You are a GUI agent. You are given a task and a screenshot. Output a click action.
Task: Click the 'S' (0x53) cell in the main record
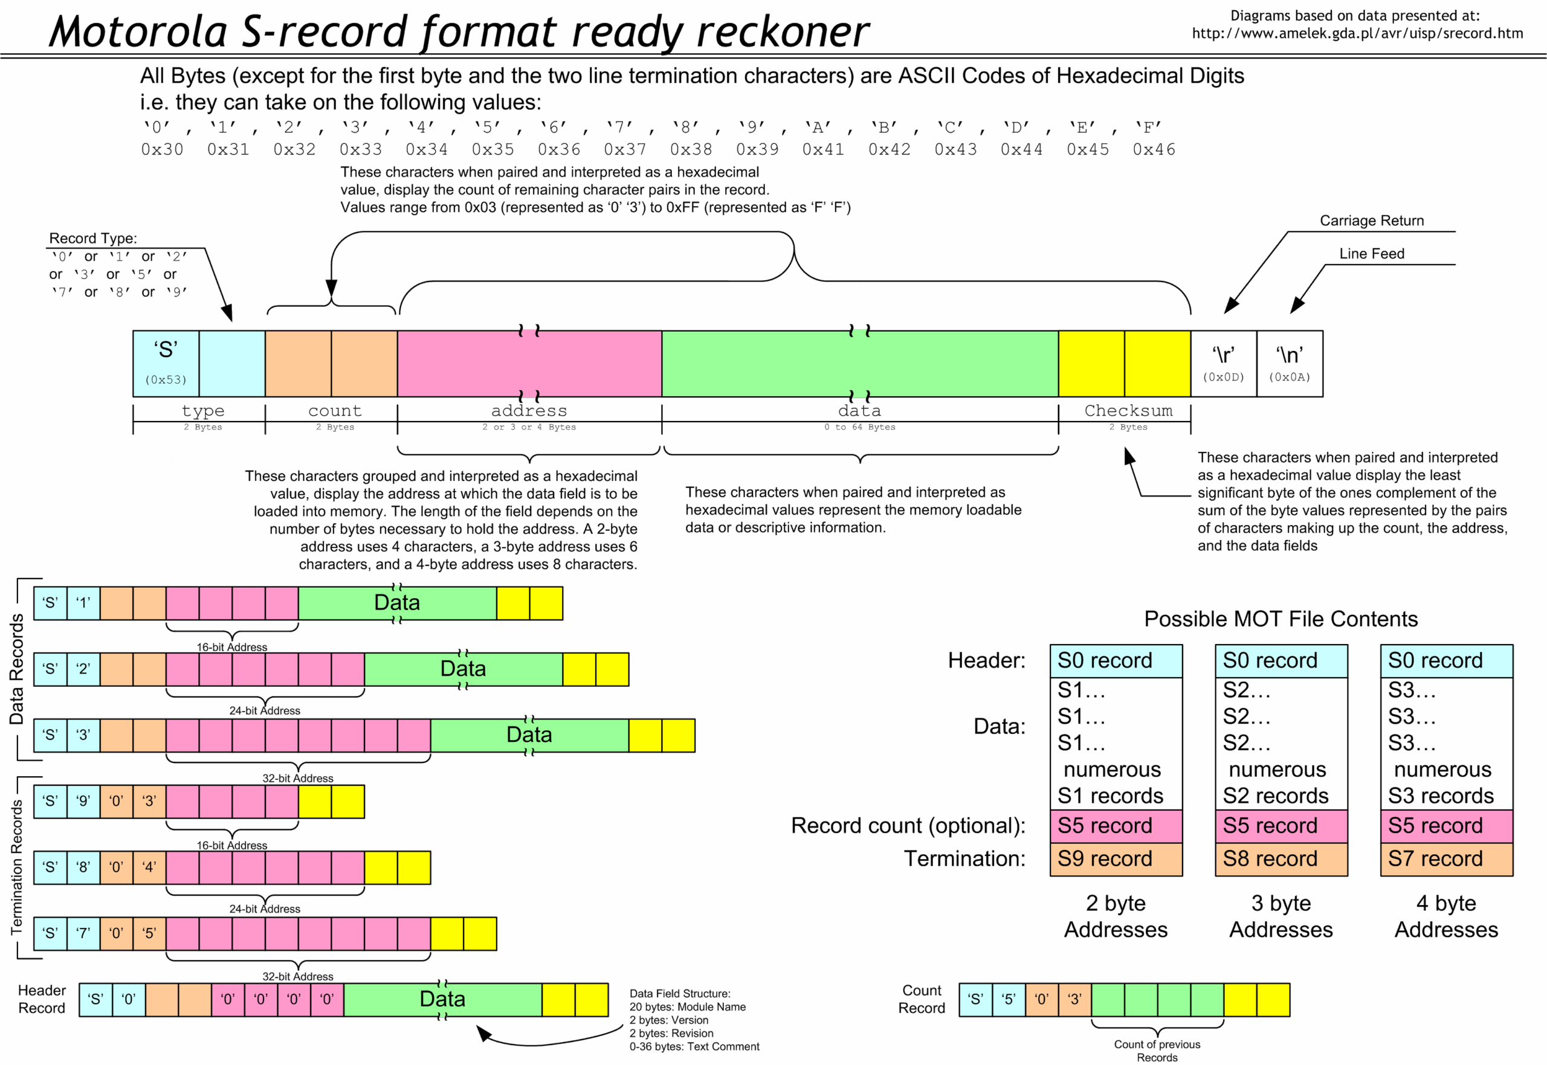[x=166, y=364]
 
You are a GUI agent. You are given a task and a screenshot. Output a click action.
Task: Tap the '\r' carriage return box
[x=1223, y=364]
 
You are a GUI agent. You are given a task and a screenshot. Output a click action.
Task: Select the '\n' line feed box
[x=1290, y=364]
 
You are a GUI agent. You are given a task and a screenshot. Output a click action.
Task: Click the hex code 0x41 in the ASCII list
[x=823, y=149]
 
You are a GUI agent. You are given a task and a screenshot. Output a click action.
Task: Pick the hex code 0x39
[x=757, y=149]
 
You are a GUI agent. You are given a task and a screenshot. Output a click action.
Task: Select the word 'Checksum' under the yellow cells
[x=1128, y=411]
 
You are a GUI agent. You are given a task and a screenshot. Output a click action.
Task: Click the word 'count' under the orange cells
[x=334, y=411]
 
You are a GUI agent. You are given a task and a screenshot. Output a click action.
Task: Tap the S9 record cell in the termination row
[x=1116, y=859]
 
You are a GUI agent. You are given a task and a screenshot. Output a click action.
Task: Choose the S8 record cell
[x=1281, y=859]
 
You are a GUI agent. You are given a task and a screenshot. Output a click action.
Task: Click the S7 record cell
[x=1446, y=859]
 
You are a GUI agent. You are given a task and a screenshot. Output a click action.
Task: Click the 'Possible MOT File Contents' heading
[x=1281, y=619]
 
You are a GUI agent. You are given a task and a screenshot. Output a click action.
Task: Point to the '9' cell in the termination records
[x=83, y=801]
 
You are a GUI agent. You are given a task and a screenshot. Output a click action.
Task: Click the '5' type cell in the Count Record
[x=1009, y=1000]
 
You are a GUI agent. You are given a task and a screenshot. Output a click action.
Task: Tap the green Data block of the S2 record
[x=463, y=669]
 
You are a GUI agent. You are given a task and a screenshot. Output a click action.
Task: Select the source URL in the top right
[x=1357, y=33]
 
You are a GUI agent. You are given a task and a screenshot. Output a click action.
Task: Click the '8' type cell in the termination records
[x=83, y=867]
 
